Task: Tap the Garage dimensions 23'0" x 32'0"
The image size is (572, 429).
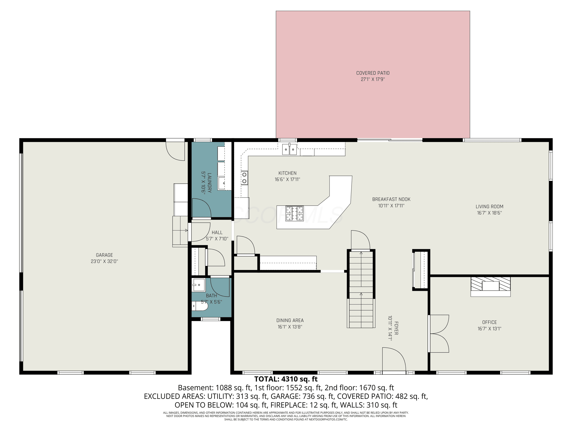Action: tap(104, 261)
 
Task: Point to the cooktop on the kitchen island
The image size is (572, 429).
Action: tap(294, 214)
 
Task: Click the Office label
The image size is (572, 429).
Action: tap(489, 322)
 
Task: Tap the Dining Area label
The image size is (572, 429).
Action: tap(290, 320)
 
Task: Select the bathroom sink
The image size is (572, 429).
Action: tap(198, 285)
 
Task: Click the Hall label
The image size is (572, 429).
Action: tap(217, 232)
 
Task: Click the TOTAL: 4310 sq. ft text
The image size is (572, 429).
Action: tap(286, 379)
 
